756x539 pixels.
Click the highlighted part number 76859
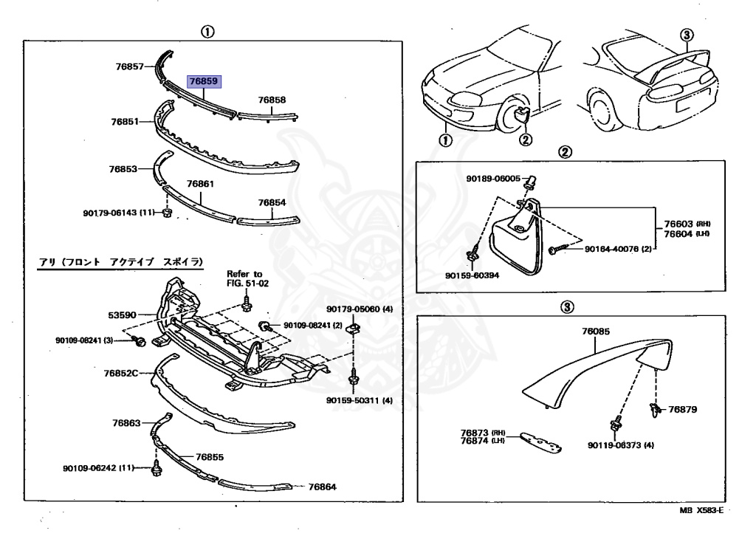(x=204, y=81)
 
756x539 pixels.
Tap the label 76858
(x=271, y=99)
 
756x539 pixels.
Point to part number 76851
(x=126, y=120)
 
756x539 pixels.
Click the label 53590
(x=122, y=315)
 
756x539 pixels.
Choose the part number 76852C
(x=121, y=373)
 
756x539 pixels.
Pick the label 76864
(x=322, y=487)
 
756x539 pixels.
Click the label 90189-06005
(x=493, y=179)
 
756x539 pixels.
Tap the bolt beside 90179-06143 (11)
(x=167, y=213)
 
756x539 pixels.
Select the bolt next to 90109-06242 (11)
(x=156, y=468)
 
